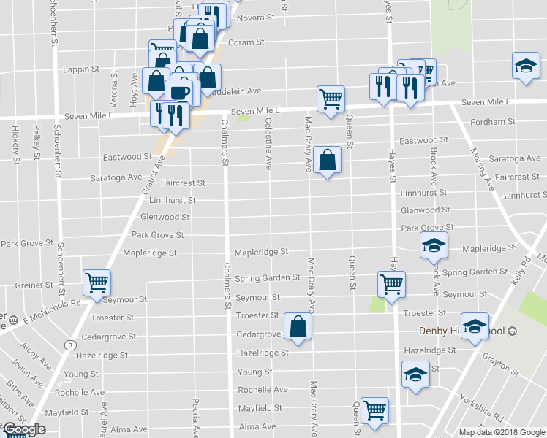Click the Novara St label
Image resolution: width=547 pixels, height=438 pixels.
pos(255,17)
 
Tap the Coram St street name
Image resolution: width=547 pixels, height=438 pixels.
pos(246,42)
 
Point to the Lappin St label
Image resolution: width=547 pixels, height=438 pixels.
pos(81,69)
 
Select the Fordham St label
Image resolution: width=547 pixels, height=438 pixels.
pos(488,122)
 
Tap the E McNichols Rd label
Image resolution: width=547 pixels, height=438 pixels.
pos(50,307)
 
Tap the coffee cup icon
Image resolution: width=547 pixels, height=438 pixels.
pos(179,92)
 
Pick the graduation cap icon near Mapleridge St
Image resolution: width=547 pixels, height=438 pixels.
pos(434,245)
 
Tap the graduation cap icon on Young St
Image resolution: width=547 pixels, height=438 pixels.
pos(415,374)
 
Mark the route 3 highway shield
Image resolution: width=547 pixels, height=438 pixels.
pos(69,343)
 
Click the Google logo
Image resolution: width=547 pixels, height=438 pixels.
pos(24,430)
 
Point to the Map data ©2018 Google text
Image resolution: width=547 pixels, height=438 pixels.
pos(502,432)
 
